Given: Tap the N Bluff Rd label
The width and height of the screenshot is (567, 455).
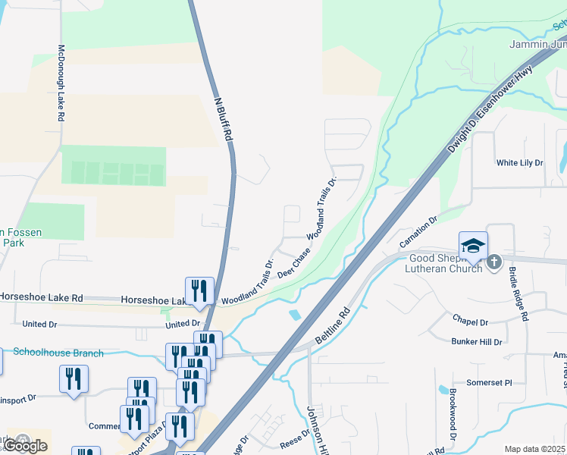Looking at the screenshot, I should click(223, 120).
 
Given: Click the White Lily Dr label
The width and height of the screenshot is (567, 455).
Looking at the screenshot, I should click(519, 163).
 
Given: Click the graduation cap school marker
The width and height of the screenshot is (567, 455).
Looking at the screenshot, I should click(473, 246).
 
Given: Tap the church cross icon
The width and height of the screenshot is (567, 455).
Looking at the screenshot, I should click(494, 262).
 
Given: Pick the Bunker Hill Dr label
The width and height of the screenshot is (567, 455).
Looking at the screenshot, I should click(477, 342).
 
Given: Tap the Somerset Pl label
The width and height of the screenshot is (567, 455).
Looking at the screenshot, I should click(484, 383).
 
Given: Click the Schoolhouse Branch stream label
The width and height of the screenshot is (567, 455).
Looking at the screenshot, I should click(58, 353).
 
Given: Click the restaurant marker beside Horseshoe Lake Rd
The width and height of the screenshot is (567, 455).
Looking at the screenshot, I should click(199, 291).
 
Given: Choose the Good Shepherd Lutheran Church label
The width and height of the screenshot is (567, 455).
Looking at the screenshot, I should click(443, 262).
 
